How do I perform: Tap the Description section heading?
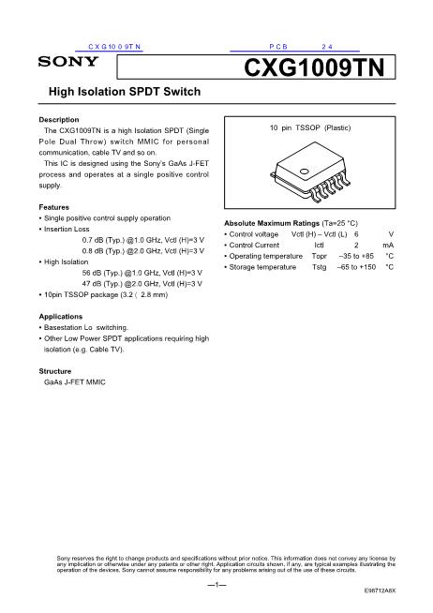[58, 121]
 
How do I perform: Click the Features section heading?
[53, 206]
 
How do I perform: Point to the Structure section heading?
[56, 372]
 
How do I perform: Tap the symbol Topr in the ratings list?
[321, 255]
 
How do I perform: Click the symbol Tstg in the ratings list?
[321, 267]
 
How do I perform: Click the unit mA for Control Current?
[387, 244]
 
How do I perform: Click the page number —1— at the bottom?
[216, 586]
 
